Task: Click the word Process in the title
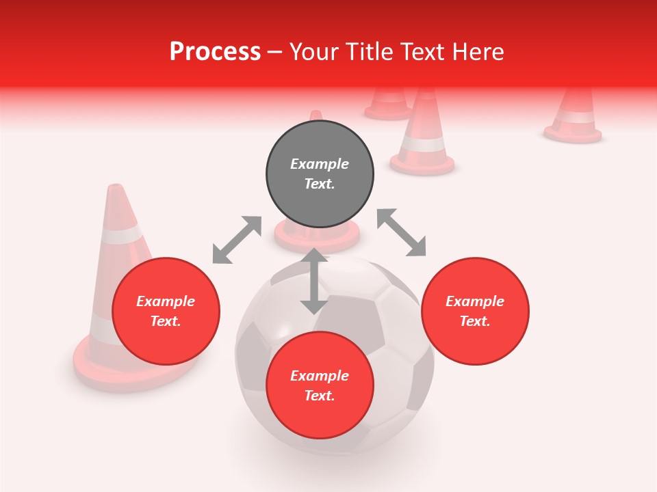tap(215, 52)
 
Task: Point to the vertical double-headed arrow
tap(314, 281)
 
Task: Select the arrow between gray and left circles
tap(237, 240)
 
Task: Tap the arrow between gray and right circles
tap(401, 232)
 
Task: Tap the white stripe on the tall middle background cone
tap(422, 144)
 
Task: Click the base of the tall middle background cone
tap(422, 165)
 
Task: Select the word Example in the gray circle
tap(320, 164)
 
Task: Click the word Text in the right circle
tap(475, 321)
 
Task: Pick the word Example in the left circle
tap(166, 301)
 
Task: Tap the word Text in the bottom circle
tap(320, 396)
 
